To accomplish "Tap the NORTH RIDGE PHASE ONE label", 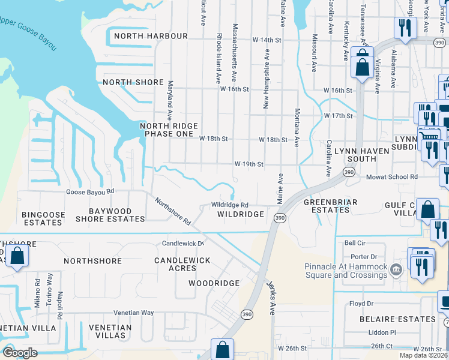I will pyautogui.click(x=167, y=130).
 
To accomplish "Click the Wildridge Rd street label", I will pyautogui.click(x=230, y=205).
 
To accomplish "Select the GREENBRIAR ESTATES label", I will pyautogui.click(x=330, y=206).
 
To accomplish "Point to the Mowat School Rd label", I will pyautogui.click(x=392, y=177).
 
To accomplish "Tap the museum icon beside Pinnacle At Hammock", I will pyautogui.click(x=396, y=268).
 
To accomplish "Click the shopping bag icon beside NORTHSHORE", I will pyautogui.click(x=17, y=256).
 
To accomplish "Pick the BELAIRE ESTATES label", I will pyautogui.click(x=398, y=319).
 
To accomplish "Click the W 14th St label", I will pyautogui.click(x=267, y=40).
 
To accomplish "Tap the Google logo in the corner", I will pyautogui.click(x=20, y=353).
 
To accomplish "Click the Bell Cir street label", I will pyautogui.click(x=355, y=243).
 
